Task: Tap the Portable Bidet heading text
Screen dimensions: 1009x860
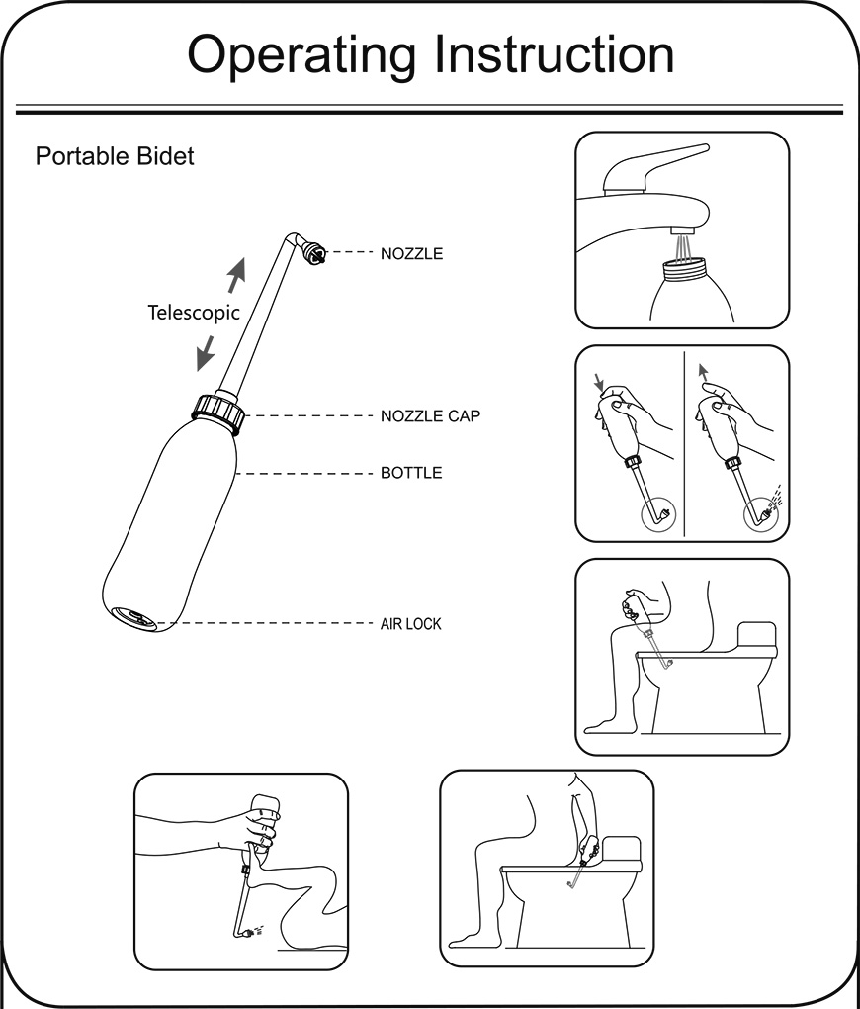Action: click(115, 156)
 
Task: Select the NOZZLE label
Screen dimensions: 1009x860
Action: click(411, 254)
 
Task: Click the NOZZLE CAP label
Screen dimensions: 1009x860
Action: click(430, 416)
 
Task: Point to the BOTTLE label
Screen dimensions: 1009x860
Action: click(411, 473)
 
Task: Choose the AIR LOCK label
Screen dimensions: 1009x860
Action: click(410, 624)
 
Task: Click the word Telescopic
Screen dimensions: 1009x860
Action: click(194, 313)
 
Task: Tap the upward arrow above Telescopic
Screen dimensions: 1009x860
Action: click(234, 274)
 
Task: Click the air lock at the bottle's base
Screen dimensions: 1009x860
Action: click(132, 617)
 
